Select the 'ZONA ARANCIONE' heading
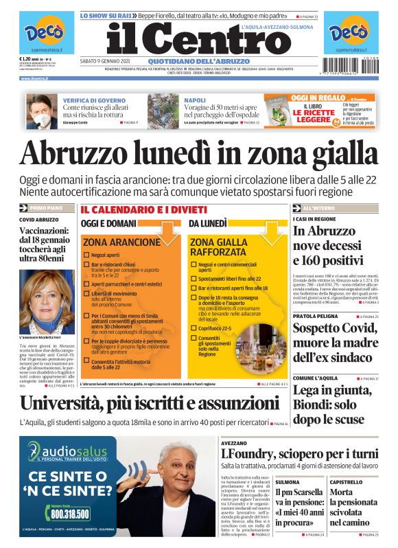click(121, 242)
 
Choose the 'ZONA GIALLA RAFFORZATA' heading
click(218, 247)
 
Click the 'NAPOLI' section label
click(195, 100)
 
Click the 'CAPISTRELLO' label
click(346, 482)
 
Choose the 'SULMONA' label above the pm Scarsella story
click(288, 482)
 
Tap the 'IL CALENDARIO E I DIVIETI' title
click(143, 209)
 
